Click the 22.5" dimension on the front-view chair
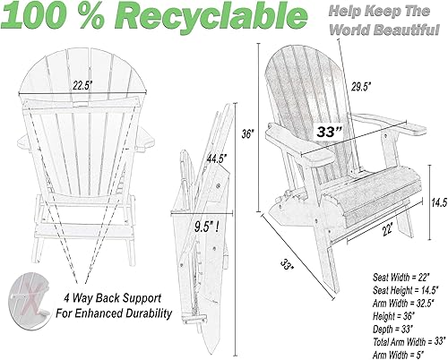click(82, 86)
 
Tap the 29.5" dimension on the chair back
click(361, 87)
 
